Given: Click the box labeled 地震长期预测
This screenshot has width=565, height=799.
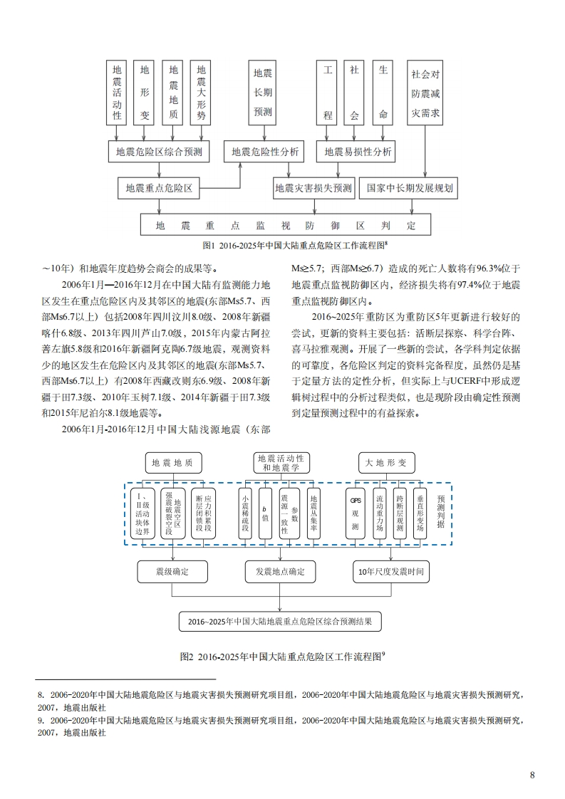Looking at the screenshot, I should click(x=264, y=93).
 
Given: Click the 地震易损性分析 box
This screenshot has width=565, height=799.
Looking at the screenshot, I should click(x=358, y=152).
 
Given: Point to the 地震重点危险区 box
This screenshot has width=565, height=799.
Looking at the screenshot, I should click(x=159, y=189).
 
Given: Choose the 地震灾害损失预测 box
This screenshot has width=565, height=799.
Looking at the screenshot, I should click(x=313, y=189).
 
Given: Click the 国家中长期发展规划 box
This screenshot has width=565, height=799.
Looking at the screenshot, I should click(x=410, y=189).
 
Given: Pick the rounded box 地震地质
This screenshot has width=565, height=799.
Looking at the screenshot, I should click(x=173, y=462).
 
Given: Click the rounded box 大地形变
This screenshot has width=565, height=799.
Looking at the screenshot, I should click(x=385, y=462).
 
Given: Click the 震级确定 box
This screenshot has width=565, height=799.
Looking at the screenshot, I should click(x=173, y=572).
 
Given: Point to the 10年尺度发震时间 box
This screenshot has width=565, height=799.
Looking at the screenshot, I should click(x=391, y=572).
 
